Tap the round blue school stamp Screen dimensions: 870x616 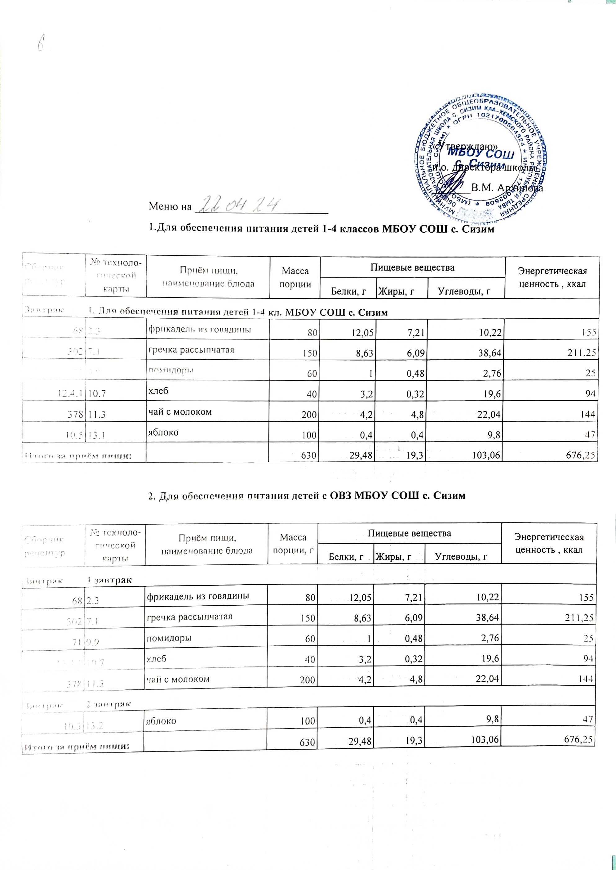tap(481, 159)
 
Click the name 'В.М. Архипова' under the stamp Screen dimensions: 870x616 tap(506, 187)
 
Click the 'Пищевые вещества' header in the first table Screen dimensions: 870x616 tap(412, 267)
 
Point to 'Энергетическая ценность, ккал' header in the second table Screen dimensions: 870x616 tap(548, 543)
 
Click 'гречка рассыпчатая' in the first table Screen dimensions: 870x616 tap(190, 350)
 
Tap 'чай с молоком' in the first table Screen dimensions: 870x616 tap(179, 411)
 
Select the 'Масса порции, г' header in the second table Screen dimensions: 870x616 tap(292, 543)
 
